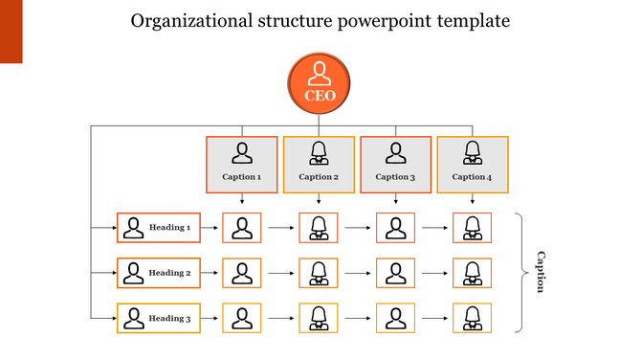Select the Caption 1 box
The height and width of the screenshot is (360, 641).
click(x=242, y=163)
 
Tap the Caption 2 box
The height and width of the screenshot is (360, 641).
click(x=319, y=163)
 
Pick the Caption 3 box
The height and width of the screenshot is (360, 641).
click(x=395, y=163)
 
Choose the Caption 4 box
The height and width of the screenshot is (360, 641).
click(x=472, y=163)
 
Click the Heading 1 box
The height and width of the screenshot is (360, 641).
click(x=158, y=228)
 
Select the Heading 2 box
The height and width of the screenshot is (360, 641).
click(x=158, y=273)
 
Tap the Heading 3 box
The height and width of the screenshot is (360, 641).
click(x=158, y=318)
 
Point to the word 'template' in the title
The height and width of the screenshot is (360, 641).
click(x=471, y=21)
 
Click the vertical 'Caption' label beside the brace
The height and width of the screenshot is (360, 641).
click(x=540, y=272)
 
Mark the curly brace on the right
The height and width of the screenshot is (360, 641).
click(x=521, y=273)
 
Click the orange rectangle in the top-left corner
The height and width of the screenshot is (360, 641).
click(x=11, y=32)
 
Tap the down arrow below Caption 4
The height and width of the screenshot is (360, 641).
click(x=472, y=199)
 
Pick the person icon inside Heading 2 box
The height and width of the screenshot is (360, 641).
click(x=133, y=273)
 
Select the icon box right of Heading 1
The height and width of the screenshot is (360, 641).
click(x=242, y=228)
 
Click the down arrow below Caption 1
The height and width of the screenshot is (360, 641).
click(x=242, y=199)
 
